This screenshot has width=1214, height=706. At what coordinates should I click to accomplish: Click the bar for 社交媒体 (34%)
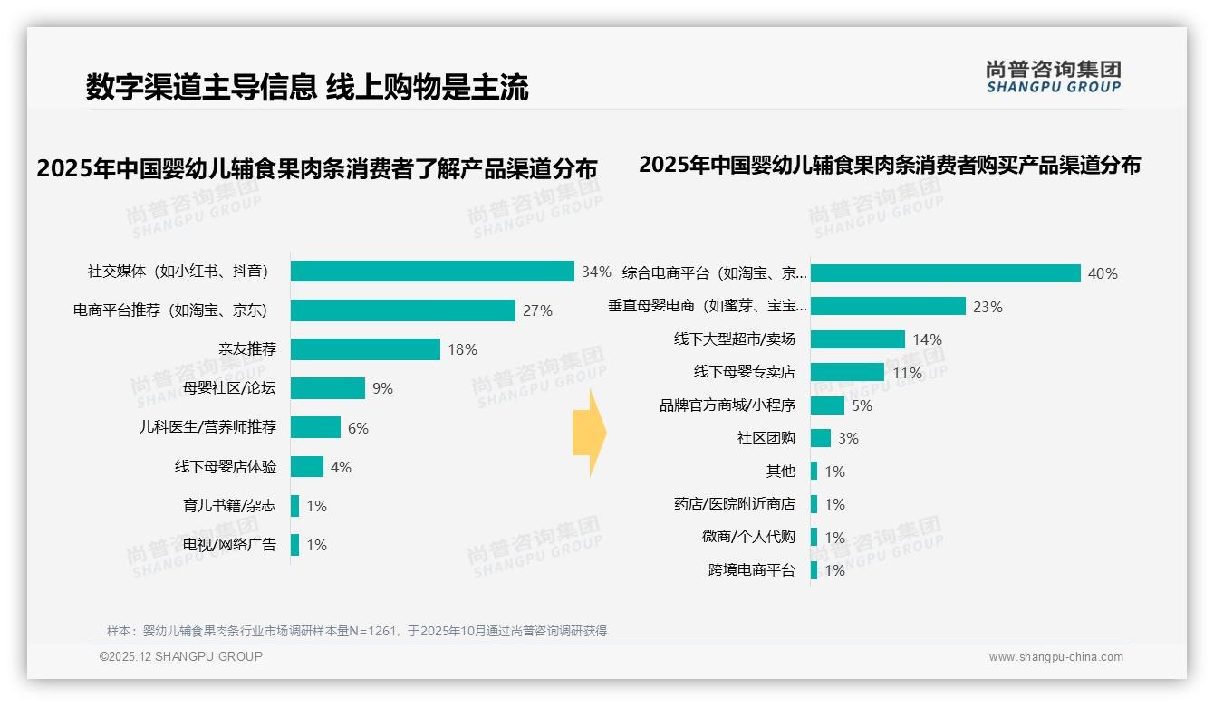point(432,272)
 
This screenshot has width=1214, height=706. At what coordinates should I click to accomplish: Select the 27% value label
point(537,310)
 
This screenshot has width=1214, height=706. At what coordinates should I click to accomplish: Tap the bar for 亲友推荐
point(365,349)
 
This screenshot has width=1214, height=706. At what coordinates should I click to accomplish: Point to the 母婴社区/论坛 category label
point(230,388)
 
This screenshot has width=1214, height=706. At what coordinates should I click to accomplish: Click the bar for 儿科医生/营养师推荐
point(315,427)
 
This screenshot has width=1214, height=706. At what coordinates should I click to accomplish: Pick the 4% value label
point(341,467)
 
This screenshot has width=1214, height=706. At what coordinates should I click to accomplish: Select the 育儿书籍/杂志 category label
point(230,506)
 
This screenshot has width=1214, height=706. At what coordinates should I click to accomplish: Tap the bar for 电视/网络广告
point(295,545)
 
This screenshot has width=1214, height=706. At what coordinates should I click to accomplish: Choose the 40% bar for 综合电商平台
point(945,273)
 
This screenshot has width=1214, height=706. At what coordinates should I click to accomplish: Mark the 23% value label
point(988,307)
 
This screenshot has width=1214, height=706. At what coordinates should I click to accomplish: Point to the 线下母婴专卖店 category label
point(745,372)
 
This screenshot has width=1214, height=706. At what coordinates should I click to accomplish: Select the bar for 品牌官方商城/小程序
point(827,405)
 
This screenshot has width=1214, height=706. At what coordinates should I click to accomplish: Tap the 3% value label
point(848,438)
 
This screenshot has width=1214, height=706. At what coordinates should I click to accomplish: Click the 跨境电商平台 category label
point(752,570)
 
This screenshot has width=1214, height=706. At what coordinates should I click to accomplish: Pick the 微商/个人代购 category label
point(748,537)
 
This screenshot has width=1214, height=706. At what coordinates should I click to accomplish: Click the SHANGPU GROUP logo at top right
point(1054,77)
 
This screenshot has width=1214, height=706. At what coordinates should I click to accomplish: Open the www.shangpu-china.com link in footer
point(1055,657)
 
